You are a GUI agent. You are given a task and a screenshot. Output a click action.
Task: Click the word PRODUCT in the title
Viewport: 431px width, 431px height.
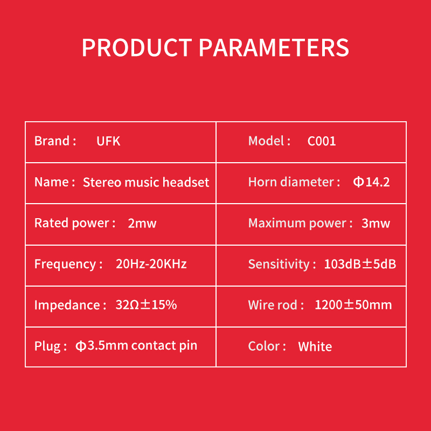click(137, 47)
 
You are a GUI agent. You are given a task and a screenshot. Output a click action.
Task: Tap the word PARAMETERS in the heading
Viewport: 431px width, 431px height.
click(274, 47)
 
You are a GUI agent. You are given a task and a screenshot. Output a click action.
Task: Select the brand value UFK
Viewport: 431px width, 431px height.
click(108, 141)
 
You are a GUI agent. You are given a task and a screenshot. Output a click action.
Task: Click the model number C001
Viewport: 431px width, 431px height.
click(322, 141)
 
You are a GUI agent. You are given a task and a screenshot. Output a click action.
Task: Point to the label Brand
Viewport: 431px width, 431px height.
click(52, 141)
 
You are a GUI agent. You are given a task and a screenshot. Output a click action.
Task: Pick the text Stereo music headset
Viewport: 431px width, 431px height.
click(146, 182)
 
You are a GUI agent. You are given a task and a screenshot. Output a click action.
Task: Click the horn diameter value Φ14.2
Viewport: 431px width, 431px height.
click(371, 182)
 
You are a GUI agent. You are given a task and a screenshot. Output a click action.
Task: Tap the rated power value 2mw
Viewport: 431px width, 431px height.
click(142, 223)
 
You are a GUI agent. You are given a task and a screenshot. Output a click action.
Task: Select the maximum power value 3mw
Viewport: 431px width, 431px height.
click(376, 223)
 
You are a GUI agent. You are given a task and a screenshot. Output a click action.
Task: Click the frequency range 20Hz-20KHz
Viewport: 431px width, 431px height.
click(151, 264)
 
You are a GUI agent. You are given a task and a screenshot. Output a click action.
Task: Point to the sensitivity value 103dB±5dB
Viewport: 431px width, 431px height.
click(360, 264)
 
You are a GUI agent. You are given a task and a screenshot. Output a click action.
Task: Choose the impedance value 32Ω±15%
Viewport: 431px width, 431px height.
click(146, 305)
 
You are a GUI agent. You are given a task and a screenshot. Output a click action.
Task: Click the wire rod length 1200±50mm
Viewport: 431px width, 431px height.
click(353, 305)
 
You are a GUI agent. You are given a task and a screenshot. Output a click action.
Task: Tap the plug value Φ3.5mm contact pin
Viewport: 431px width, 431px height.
click(136, 346)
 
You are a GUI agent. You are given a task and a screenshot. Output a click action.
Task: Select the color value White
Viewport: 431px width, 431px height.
click(315, 346)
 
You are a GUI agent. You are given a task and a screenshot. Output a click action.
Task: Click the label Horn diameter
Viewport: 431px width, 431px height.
click(291, 182)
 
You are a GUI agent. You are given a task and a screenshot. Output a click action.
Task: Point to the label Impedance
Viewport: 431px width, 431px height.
click(67, 305)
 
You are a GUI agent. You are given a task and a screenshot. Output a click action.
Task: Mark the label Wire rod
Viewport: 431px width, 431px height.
click(273, 305)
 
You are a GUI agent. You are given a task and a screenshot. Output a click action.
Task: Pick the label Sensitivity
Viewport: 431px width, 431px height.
click(279, 264)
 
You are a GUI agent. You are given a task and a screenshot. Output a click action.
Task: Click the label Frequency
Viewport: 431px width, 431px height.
click(65, 265)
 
